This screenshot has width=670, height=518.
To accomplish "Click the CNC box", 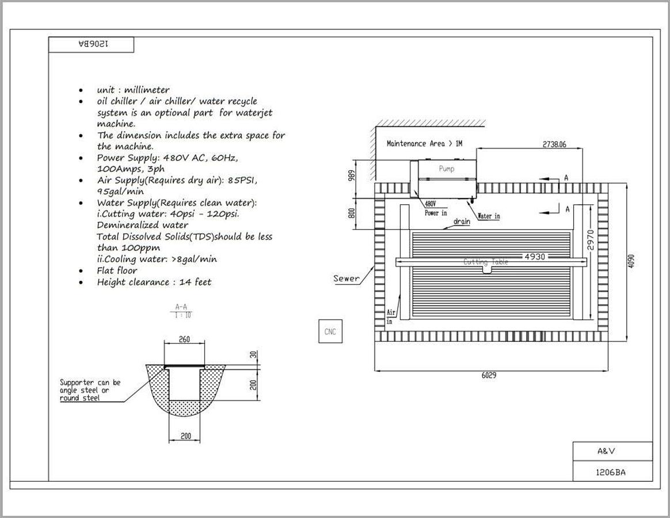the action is click(x=330, y=332).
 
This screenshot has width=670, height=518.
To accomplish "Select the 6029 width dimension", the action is click(x=489, y=375).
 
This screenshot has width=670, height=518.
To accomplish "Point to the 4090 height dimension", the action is click(x=631, y=261).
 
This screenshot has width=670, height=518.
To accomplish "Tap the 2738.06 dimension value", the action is click(x=554, y=144).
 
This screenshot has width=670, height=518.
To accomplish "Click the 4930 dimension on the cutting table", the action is click(x=535, y=257).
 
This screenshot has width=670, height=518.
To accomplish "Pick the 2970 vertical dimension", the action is click(x=591, y=240).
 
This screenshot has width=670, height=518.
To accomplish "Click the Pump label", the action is click(x=447, y=169).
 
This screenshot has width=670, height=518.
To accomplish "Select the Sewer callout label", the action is click(x=346, y=278).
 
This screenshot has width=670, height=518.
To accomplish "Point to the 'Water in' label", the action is click(x=489, y=216).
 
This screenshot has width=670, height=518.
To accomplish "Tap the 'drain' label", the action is click(x=462, y=222).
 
